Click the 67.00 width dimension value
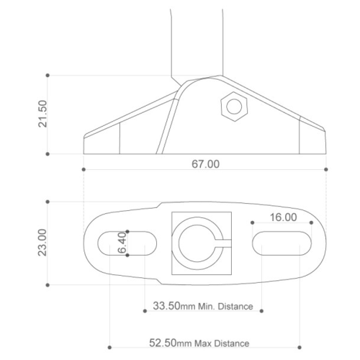click(205, 164)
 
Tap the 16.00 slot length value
click(283, 217)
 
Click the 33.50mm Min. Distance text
click(204, 306)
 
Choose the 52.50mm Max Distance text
click(204, 343)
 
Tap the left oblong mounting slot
click(126, 242)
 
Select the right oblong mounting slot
click(282, 242)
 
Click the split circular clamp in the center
click(201, 242)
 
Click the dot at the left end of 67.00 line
click(84, 169)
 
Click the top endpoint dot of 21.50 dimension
click(48, 74)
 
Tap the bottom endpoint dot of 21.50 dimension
click(48, 153)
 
